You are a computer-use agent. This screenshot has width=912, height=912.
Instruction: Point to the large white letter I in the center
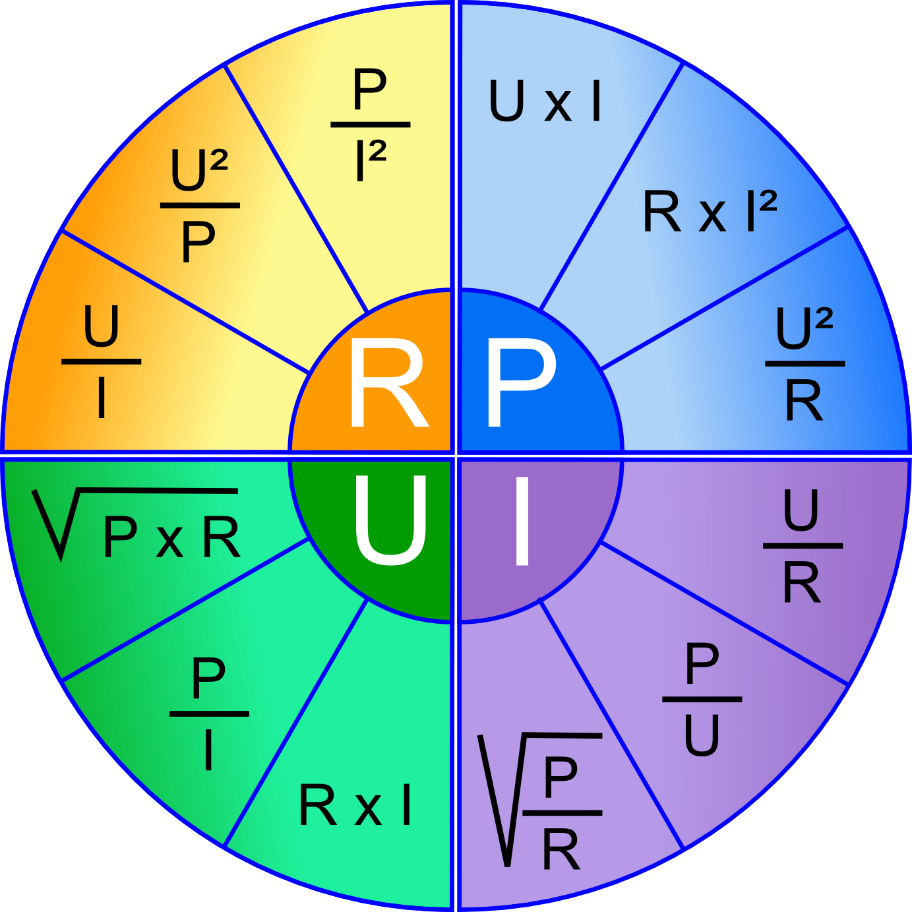522,520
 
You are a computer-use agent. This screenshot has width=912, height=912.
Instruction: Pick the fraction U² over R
805,363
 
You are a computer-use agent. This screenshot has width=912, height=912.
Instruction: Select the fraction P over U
702,700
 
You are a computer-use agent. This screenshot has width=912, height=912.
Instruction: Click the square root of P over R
539,800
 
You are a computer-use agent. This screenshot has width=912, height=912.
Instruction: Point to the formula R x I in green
355,805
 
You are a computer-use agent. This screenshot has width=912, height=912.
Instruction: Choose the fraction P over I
209,714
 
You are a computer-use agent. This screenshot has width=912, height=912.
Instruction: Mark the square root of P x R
136,524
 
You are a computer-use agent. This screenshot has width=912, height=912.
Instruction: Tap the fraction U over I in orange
102,361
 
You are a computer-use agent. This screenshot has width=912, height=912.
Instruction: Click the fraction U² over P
200,205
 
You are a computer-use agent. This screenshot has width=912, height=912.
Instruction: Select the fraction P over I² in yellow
370,125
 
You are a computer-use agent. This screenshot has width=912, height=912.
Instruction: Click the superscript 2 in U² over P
219,160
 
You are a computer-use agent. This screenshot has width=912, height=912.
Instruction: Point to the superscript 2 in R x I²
768,200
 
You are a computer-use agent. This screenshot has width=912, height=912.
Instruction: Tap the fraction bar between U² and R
805,363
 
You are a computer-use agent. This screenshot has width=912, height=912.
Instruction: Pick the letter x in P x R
169,542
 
